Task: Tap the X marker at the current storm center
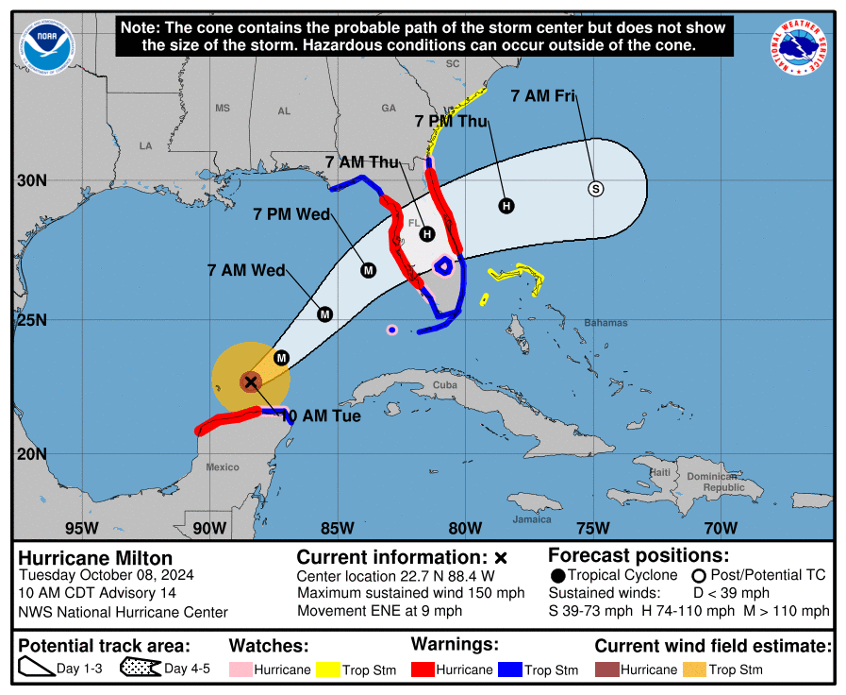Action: click(250, 381)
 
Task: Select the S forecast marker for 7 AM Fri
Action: click(595, 189)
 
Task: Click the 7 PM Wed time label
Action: click(292, 215)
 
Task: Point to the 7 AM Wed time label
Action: click(246, 271)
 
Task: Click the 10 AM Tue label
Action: click(321, 415)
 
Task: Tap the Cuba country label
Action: click(444, 385)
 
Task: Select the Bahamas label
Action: click(605, 323)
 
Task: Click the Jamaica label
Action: click(532, 519)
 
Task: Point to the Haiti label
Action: click(660, 472)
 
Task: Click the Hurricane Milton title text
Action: click(96, 558)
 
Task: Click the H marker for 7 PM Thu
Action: click(506, 206)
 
